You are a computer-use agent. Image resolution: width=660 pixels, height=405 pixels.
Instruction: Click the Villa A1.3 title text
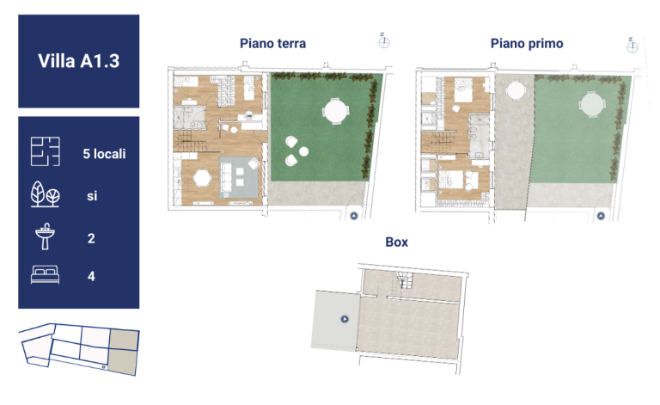79,61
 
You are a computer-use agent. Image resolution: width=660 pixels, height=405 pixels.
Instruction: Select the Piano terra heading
272,43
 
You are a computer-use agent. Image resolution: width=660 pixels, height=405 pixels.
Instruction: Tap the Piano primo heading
527,43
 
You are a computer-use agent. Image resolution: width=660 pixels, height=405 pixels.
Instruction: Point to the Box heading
396,242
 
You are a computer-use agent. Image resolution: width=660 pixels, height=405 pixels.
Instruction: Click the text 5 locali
104,154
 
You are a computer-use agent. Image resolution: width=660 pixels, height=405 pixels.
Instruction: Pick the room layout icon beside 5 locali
45,151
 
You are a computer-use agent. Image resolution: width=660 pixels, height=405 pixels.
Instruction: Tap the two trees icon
45,194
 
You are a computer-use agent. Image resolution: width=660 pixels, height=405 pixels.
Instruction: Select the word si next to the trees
92,196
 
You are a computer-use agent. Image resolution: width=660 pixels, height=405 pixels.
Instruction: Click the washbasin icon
45,236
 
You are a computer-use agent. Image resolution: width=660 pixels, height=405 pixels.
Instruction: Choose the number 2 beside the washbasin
91,238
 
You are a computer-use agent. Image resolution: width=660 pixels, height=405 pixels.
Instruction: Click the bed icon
45,274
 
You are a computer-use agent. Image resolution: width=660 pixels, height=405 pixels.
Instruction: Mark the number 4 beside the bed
91,276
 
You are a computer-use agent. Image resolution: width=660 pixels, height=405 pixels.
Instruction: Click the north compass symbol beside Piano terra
383,41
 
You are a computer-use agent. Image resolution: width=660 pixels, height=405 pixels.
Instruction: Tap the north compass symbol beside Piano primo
632,46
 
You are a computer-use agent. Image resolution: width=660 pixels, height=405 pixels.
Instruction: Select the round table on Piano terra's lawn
335,111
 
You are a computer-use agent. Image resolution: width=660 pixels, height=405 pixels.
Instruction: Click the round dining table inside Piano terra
202,178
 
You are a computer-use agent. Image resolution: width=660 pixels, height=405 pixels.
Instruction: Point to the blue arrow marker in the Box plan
345,319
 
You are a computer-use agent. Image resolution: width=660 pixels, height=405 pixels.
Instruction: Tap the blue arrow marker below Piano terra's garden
354,216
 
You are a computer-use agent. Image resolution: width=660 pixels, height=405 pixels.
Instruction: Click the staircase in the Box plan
403,280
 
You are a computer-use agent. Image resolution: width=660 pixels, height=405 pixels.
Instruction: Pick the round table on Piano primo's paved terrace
516,90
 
